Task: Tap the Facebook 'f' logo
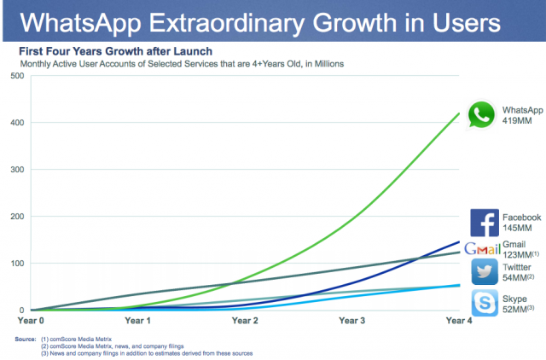(x=484, y=223)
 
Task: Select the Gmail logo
(x=481, y=249)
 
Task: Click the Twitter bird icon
(x=484, y=272)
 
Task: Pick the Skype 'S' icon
(x=484, y=302)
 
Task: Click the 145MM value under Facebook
(x=517, y=229)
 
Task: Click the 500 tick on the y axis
(x=16, y=76)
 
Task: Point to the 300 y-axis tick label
(x=16, y=170)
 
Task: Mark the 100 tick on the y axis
(x=16, y=264)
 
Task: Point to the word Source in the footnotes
(x=25, y=338)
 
